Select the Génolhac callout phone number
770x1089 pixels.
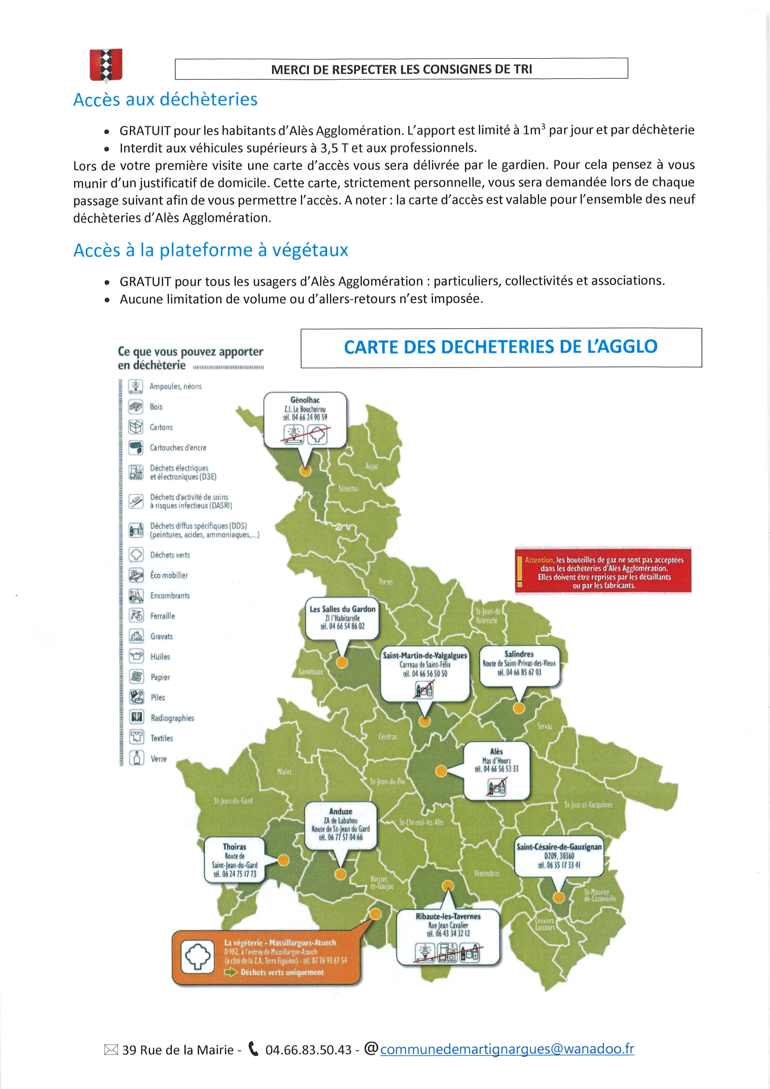(x=305, y=417)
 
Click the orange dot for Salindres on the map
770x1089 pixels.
(x=519, y=708)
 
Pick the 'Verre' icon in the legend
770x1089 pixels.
(x=137, y=758)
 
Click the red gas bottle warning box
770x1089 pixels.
(x=603, y=572)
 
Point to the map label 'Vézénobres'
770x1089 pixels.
(x=487, y=873)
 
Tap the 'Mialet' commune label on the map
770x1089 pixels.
(x=284, y=772)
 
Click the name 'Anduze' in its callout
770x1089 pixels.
(x=340, y=811)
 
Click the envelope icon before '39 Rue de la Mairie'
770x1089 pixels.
(x=111, y=1050)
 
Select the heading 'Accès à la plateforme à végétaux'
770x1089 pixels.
(x=211, y=250)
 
